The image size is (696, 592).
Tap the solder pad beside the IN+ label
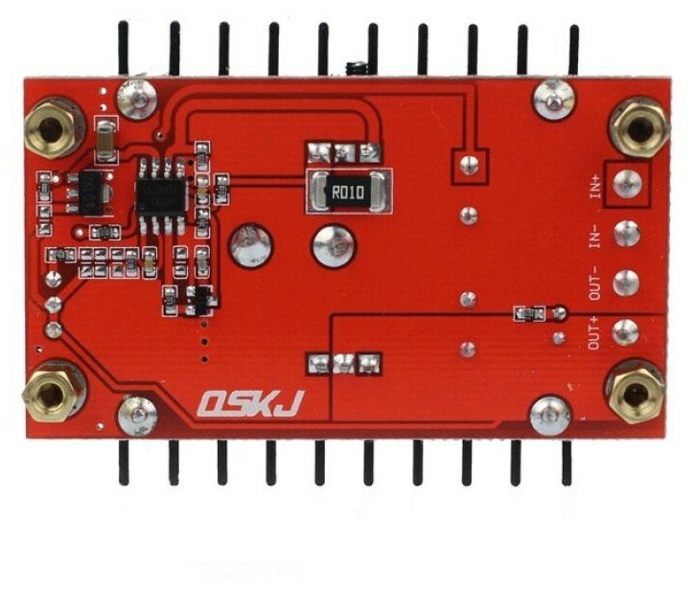click(x=630, y=183)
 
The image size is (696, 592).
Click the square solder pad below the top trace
click(x=469, y=164)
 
